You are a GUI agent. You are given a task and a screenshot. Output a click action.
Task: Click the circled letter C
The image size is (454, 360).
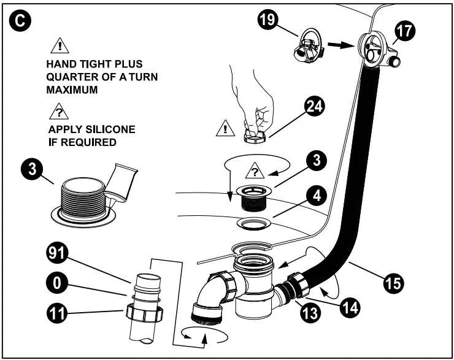point(20,20)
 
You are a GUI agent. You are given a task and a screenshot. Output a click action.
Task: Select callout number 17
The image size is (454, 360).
point(404,31)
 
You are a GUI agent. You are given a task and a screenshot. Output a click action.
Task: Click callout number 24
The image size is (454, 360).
point(315,106)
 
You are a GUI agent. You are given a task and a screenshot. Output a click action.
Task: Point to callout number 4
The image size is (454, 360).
point(317,196)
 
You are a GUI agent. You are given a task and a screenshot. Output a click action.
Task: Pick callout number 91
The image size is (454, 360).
point(57,253)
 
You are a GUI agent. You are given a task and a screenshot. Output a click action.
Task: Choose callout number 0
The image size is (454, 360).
point(57,283)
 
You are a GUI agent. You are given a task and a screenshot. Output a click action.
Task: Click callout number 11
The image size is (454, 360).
point(57,313)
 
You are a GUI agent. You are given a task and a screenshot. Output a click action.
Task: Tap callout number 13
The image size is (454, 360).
point(310,313)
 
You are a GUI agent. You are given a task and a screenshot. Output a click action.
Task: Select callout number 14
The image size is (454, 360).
point(350,307)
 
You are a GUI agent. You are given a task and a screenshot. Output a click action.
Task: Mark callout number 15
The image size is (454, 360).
point(393,283)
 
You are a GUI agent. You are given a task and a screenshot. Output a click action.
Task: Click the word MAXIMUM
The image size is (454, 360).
point(72,90)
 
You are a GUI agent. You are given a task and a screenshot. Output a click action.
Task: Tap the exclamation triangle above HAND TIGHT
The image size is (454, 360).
point(60,46)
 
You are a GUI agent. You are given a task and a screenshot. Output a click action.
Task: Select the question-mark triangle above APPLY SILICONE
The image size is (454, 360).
point(59,112)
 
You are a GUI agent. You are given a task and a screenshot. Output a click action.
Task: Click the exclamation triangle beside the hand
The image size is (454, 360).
point(225,128)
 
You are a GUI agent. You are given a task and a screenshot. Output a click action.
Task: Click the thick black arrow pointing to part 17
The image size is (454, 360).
point(341,45)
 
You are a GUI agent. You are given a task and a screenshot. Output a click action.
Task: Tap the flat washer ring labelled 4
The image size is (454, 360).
point(254,224)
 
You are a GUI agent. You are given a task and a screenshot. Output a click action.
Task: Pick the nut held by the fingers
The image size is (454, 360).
point(255,137)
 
